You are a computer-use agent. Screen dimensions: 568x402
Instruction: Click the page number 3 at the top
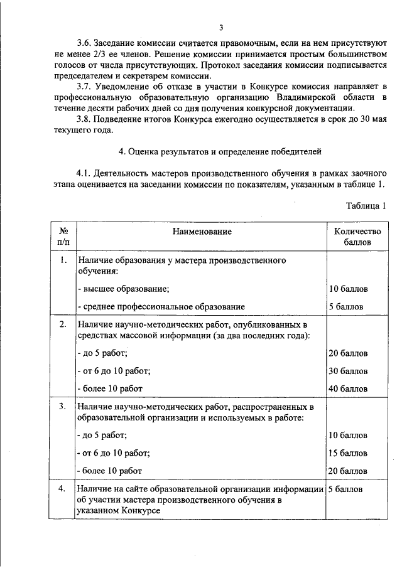pyautogui.click(x=221, y=27)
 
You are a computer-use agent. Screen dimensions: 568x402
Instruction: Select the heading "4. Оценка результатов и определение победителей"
pyautogui.click(x=220, y=151)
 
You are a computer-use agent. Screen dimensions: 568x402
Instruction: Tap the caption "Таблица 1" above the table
pyautogui.click(x=366, y=206)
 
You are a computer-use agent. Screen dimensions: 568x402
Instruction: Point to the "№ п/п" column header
pyautogui.click(x=63, y=236)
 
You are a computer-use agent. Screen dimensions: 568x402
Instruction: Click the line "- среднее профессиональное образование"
pyautogui.click(x=160, y=306)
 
